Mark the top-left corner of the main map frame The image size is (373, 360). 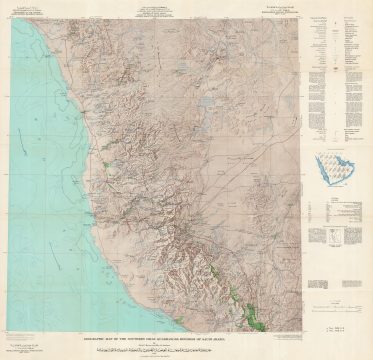click(x=8, y=20)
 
